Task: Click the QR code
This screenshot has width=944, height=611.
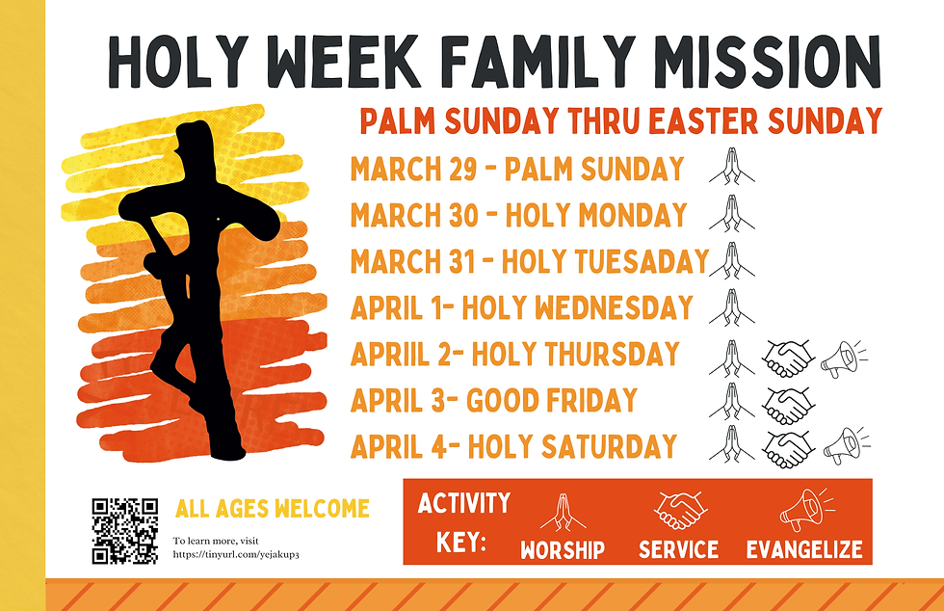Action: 125,529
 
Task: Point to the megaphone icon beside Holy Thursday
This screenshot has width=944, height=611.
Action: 842,359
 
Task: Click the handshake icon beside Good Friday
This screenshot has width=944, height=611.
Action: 787,403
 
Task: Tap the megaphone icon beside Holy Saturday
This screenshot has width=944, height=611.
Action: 845,446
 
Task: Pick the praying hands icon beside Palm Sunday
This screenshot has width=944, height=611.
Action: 731,168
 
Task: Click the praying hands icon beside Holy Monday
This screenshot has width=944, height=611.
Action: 731,214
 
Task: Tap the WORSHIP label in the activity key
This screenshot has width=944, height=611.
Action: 563,550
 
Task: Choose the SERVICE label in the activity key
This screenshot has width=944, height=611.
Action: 678,550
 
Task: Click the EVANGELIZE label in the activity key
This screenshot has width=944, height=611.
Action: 803,550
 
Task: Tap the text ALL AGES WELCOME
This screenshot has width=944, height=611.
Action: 273,508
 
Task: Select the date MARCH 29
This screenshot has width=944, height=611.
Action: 414,169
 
